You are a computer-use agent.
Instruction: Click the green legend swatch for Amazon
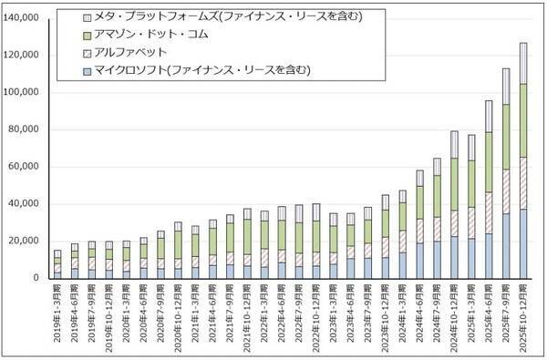point(87,35)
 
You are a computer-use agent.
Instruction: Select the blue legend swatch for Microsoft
point(87,69)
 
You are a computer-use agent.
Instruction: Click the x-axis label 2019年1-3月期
point(57,314)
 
